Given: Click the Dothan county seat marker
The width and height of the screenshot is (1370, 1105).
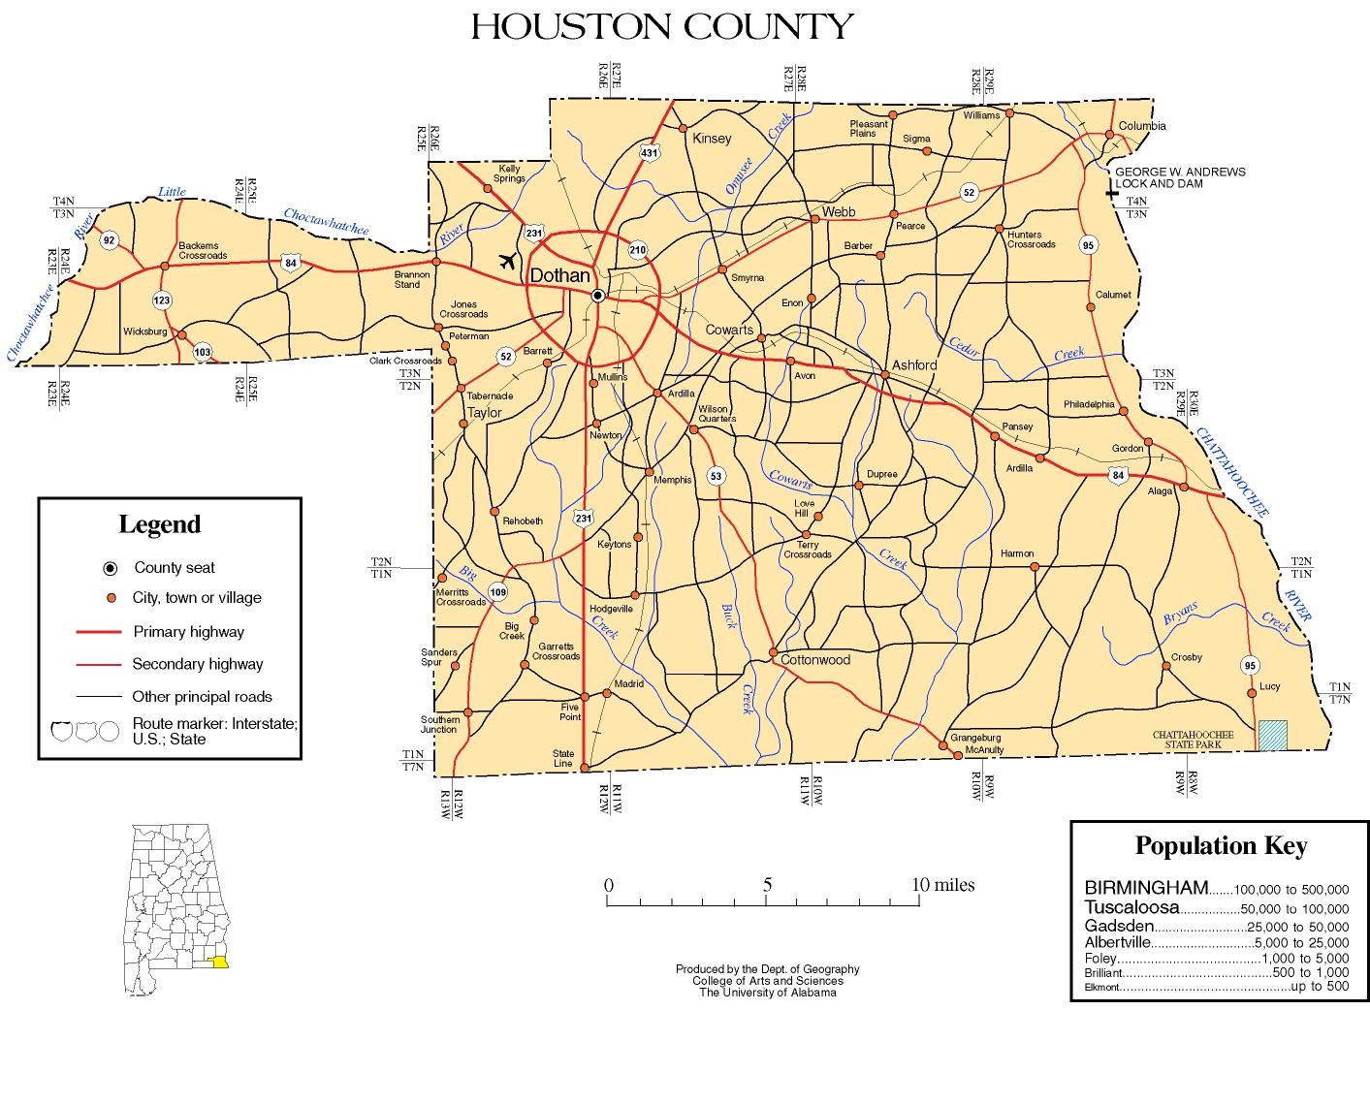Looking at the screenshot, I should click(x=598, y=295).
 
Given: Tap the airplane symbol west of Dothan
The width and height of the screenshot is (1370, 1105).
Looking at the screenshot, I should click(x=506, y=260).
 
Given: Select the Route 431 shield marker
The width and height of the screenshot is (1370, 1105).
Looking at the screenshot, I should click(x=650, y=152).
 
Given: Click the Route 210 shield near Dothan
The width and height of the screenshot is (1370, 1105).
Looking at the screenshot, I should click(x=637, y=249).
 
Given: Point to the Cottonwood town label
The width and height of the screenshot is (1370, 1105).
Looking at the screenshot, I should click(x=815, y=660).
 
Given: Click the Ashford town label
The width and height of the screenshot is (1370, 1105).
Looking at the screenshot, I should click(x=914, y=365).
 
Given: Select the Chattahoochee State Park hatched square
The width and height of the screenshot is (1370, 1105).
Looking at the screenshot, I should click(x=1272, y=736).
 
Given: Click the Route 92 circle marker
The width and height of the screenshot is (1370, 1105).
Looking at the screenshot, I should click(x=109, y=240).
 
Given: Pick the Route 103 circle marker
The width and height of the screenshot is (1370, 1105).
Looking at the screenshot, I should click(x=202, y=352).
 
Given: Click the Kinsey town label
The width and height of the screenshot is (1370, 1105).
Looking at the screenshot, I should click(x=712, y=139).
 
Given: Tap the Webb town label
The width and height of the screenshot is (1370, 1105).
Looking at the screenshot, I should click(x=839, y=211).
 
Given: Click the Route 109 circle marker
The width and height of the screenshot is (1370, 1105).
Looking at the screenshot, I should click(x=498, y=592).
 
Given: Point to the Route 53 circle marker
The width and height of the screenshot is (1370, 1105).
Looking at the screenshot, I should click(x=717, y=476).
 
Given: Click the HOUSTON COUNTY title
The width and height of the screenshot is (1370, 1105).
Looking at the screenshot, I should click(x=662, y=26).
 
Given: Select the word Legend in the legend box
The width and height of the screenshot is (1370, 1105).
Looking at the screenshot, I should click(x=159, y=524).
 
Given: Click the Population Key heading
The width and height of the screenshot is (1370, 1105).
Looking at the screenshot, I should click(x=1221, y=846).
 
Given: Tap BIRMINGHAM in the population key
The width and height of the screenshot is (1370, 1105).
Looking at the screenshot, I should click(x=1146, y=887).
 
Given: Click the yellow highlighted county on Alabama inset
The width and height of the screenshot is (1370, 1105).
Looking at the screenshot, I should click(x=222, y=963).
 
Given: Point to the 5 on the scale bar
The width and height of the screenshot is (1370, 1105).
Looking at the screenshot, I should click(x=767, y=885).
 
